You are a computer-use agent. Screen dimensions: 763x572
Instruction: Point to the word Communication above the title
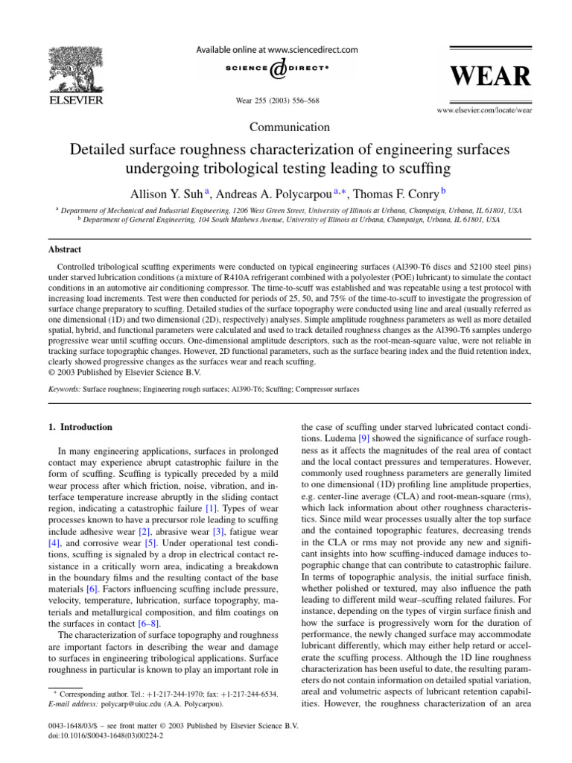[290, 127]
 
